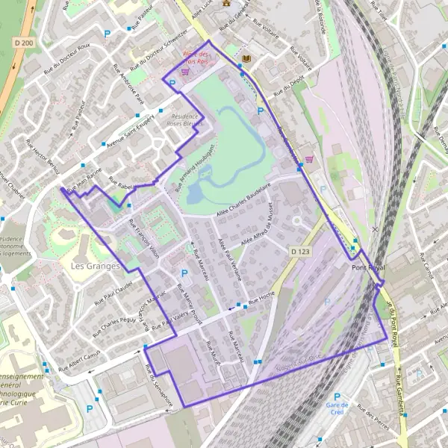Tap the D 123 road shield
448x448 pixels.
pos(300,252)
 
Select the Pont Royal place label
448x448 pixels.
pos(368,267)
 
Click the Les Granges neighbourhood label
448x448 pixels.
pos(94,266)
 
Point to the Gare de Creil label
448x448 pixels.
pos(337,408)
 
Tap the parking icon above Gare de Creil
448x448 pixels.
pos(337,396)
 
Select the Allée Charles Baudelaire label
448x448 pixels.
pos(242,202)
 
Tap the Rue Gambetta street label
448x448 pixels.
pos(402,393)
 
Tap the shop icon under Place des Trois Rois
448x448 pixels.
pos(184,72)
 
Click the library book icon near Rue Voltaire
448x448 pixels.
pos(248,57)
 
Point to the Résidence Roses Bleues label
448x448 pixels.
pos(184,121)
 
